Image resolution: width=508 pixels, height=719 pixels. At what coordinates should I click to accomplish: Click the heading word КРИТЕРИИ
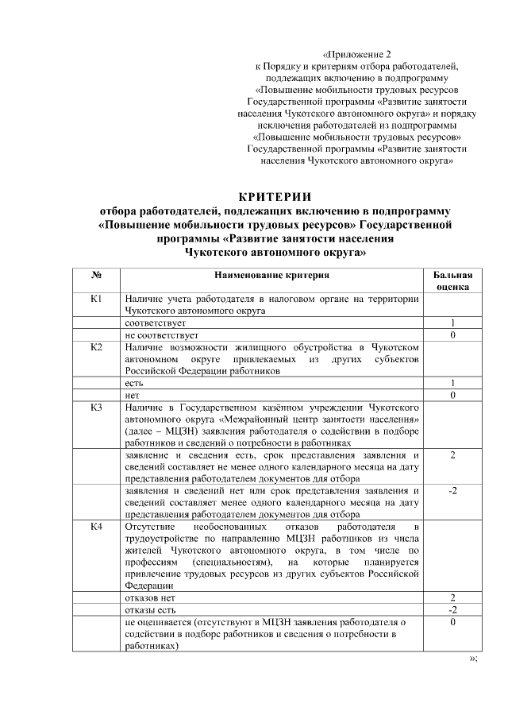[x=275, y=197]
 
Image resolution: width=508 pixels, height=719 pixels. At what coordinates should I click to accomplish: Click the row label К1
[x=95, y=299]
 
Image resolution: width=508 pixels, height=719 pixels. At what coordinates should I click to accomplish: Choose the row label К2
[x=95, y=347]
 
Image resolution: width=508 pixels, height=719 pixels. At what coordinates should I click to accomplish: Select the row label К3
[x=95, y=408]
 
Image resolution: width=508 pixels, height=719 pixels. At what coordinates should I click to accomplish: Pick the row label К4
[x=95, y=528]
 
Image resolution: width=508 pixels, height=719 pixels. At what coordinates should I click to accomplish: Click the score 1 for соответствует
[x=452, y=323]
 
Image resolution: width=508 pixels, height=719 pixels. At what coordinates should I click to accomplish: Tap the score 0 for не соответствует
[x=452, y=335]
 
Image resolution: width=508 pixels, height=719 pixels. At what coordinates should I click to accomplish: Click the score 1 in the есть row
[x=452, y=383]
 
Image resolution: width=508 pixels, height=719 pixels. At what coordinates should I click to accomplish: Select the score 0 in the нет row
[x=452, y=395]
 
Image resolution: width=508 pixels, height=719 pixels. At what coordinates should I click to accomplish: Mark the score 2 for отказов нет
[x=452, y=597]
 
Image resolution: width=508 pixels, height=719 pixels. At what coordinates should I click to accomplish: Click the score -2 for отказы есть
[x=452, y=609]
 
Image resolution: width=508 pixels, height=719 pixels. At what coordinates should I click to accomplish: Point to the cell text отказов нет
[x=149, y=597]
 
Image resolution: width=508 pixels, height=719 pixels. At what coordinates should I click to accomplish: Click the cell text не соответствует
[x=156, y=335]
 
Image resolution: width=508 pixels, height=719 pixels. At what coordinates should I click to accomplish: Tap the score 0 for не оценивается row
[x=452, y=622]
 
